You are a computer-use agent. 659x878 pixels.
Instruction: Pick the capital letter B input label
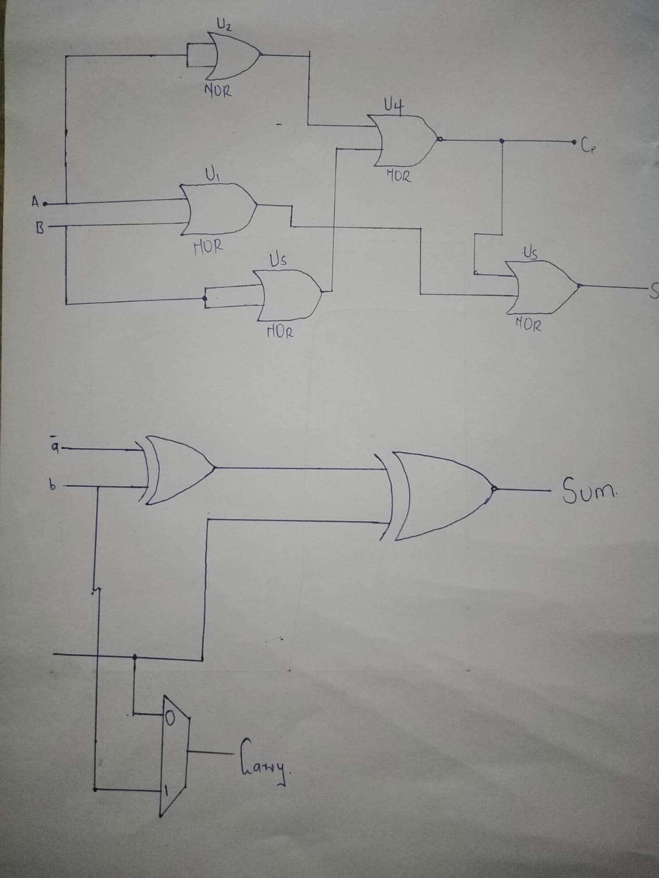point(40,227)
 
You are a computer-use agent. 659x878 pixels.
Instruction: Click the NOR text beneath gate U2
point(218,91)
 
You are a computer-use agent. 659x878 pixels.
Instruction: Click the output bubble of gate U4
point(439,139)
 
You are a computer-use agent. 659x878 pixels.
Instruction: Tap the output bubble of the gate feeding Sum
point(494,489)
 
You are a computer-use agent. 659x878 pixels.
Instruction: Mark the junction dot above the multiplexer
point(135,656)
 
